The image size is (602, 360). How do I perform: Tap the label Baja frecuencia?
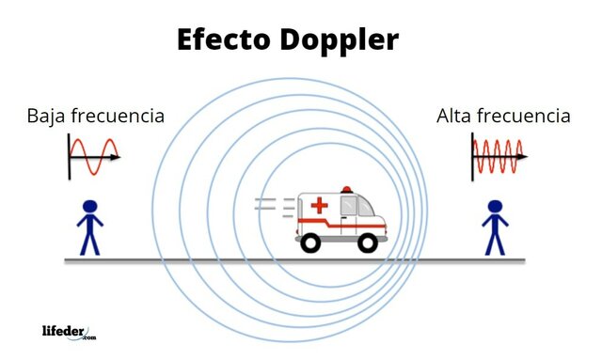pos(96,117)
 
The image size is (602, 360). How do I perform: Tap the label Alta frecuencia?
pos(503,117)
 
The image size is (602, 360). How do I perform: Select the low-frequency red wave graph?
pos(94,156)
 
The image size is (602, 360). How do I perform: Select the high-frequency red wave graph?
pos(498,156)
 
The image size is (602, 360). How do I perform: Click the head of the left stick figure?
pos(89,207)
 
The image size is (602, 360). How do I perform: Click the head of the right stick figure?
pos(495,207)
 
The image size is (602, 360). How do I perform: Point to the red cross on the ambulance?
pos(319,205)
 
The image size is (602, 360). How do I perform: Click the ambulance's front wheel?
pos(368,243)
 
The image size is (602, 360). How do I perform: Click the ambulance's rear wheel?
pos(311,243)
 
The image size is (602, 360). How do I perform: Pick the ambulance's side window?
pos(352,205)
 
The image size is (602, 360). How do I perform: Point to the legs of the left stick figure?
pos(89,242)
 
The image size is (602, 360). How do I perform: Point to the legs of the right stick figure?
pos(495,242)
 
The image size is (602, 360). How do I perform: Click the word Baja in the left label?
pos(47,117)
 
